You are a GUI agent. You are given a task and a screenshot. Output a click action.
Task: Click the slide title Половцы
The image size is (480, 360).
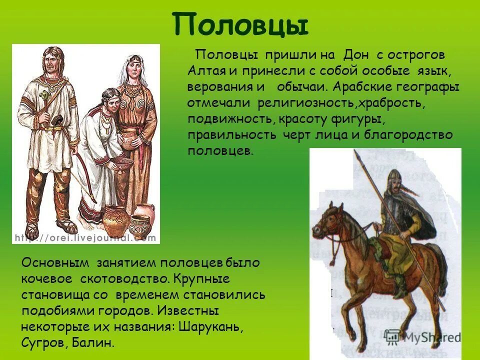pyautogui.click(x=240, y=24)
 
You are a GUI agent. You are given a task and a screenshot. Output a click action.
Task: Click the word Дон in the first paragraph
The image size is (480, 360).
pyautogui.click(x=355, y=54)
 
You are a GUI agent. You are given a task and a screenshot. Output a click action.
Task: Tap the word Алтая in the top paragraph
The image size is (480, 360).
pyautogui.click(x=203, y=70)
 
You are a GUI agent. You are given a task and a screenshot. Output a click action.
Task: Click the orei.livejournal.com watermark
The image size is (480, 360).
pyautogui.click(x=85, y=238)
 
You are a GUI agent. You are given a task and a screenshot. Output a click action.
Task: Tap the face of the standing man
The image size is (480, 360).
pyautogui.click(x=52, y=61)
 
